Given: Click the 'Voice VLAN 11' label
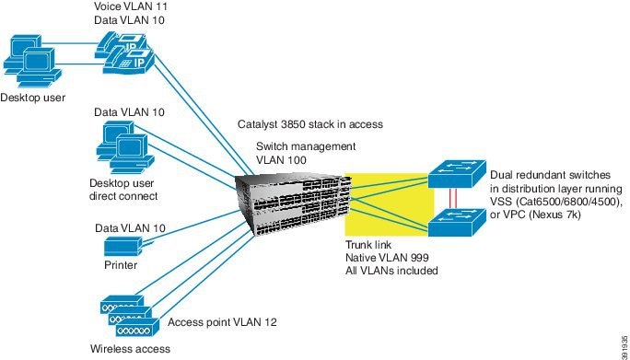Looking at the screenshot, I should (131, 6).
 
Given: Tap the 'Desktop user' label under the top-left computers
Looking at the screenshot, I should (32, 96).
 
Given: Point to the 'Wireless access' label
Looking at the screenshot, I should (129, 348).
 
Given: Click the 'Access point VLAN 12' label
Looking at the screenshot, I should (222, 323).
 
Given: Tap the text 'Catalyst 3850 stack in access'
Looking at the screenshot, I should (309, 124).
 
